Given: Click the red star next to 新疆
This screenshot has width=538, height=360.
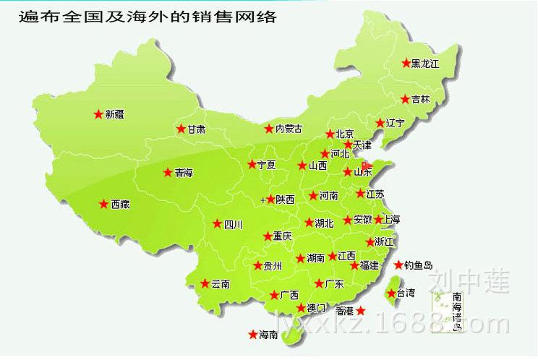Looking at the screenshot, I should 98,113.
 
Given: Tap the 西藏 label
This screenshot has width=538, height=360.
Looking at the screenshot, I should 120,205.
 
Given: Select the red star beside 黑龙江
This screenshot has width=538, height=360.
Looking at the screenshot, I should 406,63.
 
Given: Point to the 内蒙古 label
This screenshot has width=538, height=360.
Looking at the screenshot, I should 288,129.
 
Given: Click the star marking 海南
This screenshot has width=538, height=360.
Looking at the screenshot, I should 252,334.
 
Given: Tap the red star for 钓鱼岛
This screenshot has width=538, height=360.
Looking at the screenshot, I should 398,265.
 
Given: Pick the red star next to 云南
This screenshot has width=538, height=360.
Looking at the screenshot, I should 205,283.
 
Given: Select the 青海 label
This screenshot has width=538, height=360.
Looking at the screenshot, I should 184,173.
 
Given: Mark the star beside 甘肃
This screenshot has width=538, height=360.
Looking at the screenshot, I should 181,129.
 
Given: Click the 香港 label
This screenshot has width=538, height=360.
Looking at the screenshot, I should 345,311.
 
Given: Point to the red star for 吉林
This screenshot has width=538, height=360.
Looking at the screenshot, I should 406,98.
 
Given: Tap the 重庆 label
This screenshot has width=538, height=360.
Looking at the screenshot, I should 282,236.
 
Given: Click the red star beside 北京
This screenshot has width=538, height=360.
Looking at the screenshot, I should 330,134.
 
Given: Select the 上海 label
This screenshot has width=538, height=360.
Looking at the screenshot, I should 391,219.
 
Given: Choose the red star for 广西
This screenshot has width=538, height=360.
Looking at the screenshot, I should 273,294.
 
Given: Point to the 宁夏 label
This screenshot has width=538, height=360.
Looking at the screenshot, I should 266,165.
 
